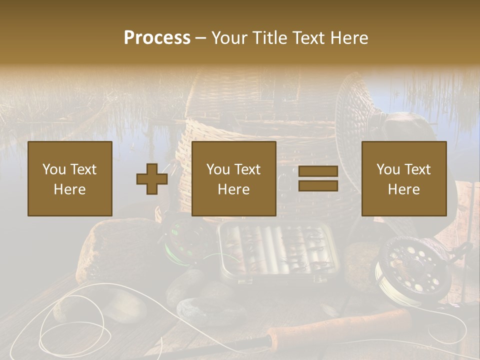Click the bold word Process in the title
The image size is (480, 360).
click(x=157, y=38)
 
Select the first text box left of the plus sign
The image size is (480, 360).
click(x=70, y=178)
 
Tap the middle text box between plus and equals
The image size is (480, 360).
click(x=234, y=178)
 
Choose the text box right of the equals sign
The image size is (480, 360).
click(x=404, y=178)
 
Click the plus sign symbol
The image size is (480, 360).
click(x=152, y=179)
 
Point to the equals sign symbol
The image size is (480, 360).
click(x=318, y=179)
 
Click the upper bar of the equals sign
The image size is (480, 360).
click(x=318, y=172)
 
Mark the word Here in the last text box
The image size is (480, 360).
click(x=404, y=189)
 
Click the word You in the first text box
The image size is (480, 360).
click(x=52, y=169)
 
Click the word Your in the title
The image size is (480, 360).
click(x=230, y=38)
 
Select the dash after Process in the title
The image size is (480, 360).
click(x=201, y=38)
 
